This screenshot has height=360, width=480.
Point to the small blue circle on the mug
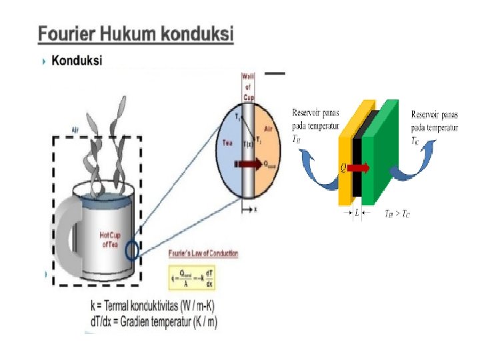point(133,250)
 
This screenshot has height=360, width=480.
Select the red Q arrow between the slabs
point(357,168)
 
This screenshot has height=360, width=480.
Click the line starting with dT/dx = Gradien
point(154,323)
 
